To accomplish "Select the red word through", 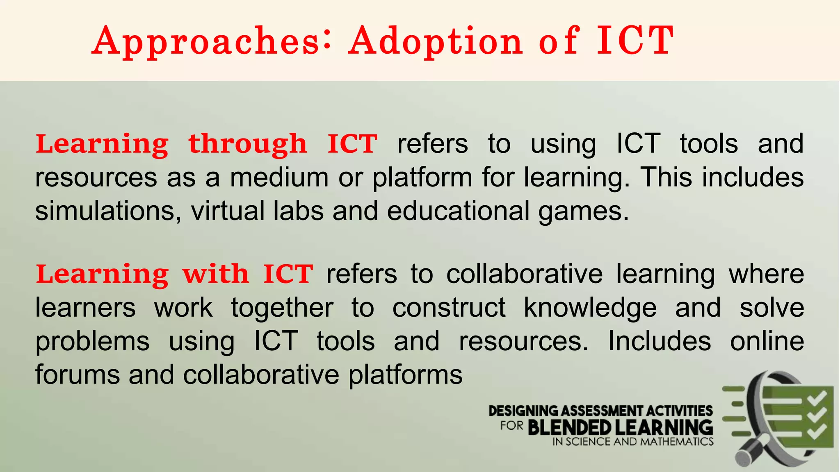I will [247, 144].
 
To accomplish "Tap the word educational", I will [458, 211].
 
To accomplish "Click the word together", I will [282, 308].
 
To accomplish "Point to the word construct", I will [449, 308].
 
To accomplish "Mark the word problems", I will [93, 342].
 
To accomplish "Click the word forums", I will [78, 375].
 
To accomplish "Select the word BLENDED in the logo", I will [570, 428].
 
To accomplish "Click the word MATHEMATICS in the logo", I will [677, 442].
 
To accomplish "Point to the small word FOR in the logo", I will [511, 426].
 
